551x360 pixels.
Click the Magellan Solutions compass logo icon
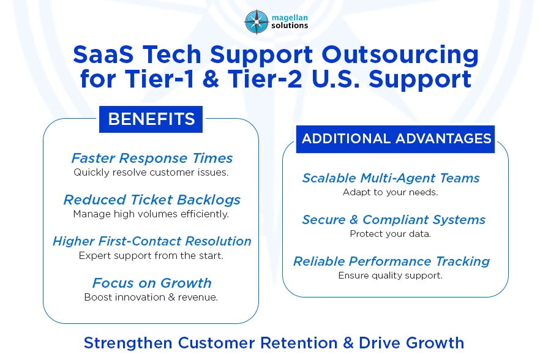[256, 22]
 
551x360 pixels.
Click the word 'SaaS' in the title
[102, 55]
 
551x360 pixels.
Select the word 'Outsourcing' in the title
[400, 55]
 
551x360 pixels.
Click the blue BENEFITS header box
[151, 119]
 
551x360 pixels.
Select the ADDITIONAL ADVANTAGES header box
[395, 139]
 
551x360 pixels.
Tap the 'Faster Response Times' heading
[152, 158]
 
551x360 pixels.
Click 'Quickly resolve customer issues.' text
[151, 173]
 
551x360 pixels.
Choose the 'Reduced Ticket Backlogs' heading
[152, 200]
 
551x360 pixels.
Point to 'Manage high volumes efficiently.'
[151, 214]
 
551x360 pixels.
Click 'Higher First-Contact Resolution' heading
[152, 241]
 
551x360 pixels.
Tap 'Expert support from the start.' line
[151, 256]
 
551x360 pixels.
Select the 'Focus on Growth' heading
[152, 283]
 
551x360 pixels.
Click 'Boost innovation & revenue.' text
[151, 298]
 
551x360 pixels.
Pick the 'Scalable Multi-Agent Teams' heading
[391, 178]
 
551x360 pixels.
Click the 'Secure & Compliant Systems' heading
[393, 220]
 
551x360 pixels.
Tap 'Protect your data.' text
[390, 234]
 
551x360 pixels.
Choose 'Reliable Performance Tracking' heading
[391, 261]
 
